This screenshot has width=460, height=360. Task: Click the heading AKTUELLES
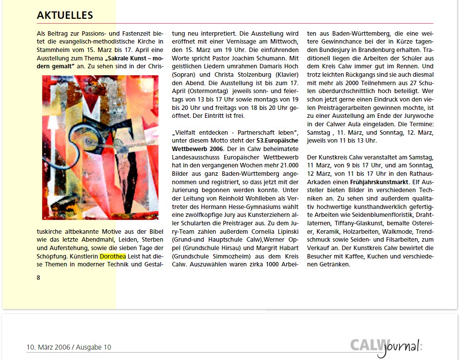point(64,16)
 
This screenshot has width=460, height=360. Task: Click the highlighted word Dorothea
point(112,257)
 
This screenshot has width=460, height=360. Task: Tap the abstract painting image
point(101,147)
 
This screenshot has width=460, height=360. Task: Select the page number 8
point(39,277)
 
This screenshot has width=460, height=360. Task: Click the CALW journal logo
point(386,347)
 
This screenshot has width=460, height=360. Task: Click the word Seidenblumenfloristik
point(385,215)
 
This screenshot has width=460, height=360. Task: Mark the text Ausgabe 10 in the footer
point(94,347)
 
